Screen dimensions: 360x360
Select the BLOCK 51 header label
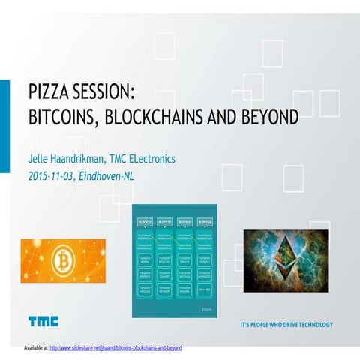pos(145,222)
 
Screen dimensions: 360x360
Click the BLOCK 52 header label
pos(166,222)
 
